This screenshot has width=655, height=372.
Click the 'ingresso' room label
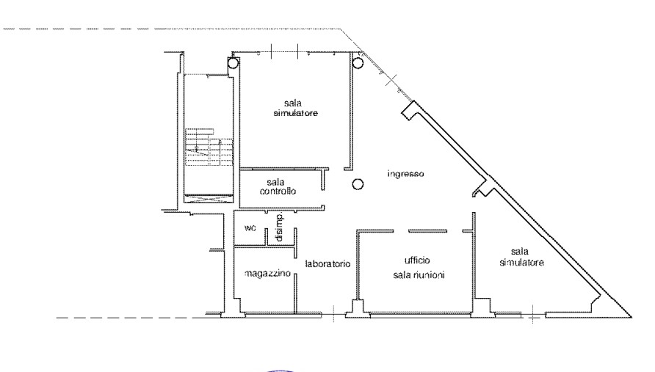(x=405, y=174)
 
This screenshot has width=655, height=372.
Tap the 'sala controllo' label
(x=278, y=186)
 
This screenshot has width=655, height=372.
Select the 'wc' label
(x=250, y=228)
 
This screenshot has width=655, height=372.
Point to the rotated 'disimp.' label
(x=280, y=227)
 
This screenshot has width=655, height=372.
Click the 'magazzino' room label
(x=267, y=274)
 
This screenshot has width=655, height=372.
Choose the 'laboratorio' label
(x=327, y=264)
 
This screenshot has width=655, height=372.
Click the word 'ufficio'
(x=417, y=260)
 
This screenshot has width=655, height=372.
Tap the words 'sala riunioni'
(x=419, y=274)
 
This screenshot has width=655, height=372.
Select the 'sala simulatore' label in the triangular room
(x=521, y=257)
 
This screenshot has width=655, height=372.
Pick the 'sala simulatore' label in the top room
(x=295, y=108)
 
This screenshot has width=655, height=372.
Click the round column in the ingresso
(x=358, y=184)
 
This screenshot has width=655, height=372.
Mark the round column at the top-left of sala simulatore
(x=233, y=63)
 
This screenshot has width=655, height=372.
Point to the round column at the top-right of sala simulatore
(x=358, y=63)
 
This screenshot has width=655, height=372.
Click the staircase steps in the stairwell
(x=209, y=147)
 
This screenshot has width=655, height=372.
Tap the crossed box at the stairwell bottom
(x=209, y=199)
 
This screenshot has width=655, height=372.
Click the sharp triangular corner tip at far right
(x=632, y=317)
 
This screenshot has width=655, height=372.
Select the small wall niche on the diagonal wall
(x=483, y=189)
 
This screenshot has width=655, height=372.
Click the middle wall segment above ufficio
(x=427, y=231)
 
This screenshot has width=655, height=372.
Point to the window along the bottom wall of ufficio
(x=421, y=313)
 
